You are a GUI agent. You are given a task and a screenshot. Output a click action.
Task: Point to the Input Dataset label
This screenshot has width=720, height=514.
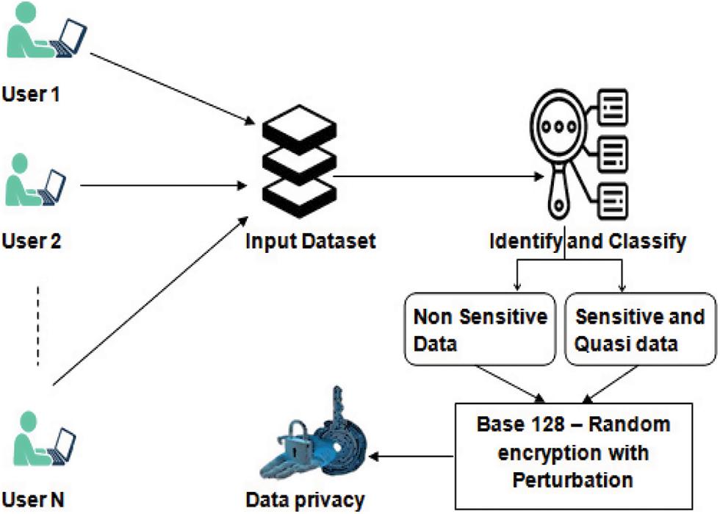click(311, 240)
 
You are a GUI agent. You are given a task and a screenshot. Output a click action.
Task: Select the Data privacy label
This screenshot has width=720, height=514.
click(305, 501)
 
